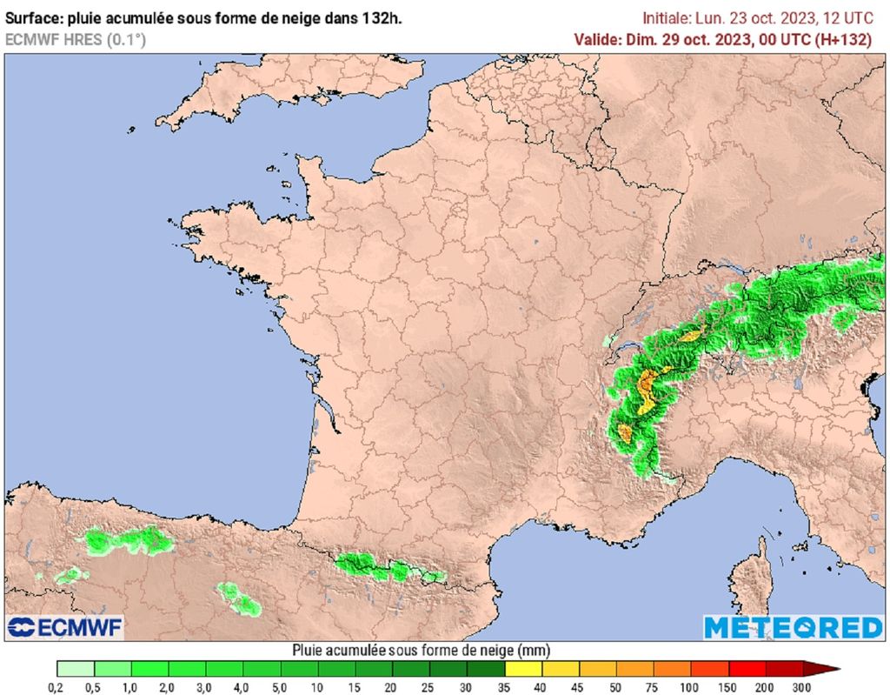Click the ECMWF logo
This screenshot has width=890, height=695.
click(64, 627)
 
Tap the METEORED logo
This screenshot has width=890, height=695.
click(793, 627)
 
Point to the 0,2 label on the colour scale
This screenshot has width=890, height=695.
click(57, 688)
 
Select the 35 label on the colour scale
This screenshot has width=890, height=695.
click(505, 688)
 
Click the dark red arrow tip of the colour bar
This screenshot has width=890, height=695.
click(829, 669)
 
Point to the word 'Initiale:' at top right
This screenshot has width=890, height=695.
click(667, 17)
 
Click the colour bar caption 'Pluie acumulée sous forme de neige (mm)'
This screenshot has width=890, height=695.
click(421, 650)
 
